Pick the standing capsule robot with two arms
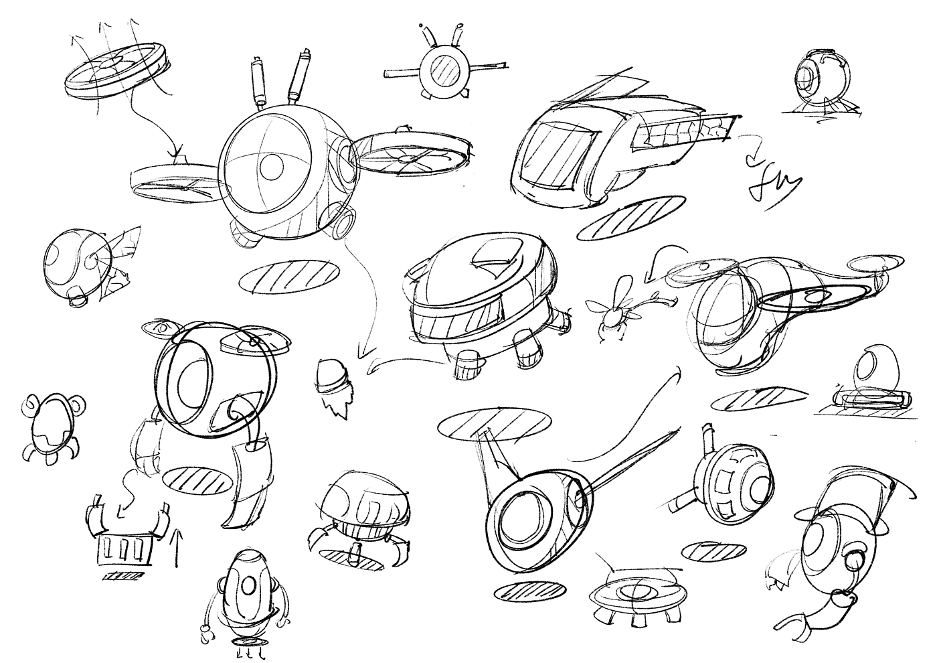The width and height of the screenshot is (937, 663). point(244,595)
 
